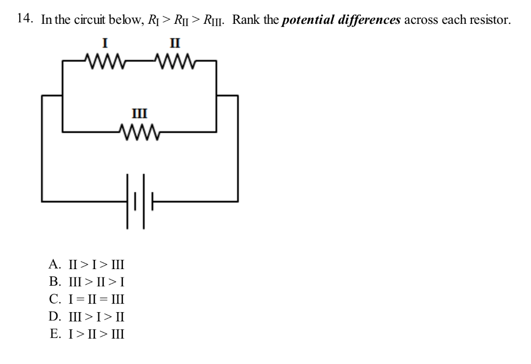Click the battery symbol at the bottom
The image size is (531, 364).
pyautogui.click(x=139, y=200)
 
